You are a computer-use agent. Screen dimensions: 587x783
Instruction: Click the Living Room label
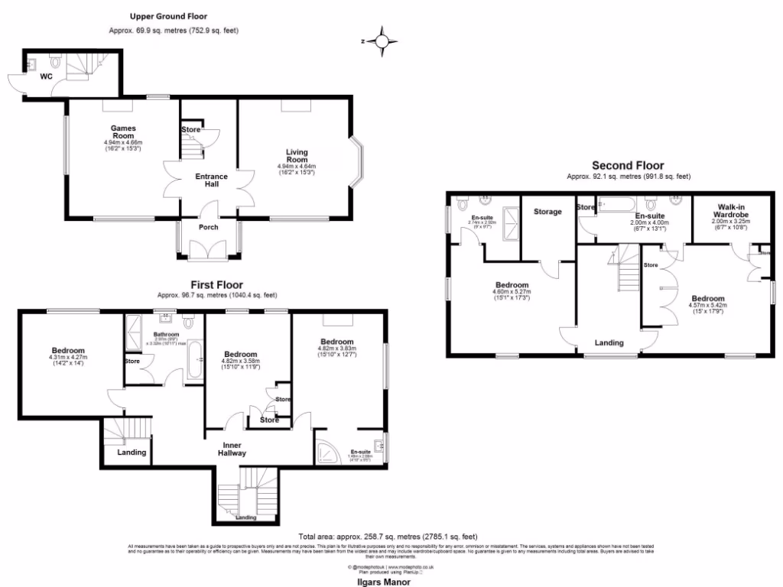point(297,155)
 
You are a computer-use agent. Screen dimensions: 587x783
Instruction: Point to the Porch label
point(208,227)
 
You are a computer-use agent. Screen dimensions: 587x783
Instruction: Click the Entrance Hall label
point(211,181)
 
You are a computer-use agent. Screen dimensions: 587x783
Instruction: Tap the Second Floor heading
point(629,165)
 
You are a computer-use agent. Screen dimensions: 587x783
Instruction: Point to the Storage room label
point(547,212)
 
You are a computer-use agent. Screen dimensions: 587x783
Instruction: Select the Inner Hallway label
point(234,449)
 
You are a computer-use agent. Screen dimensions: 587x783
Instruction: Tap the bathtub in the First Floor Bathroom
point(195,360)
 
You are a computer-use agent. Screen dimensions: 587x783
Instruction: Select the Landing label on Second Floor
point(610,343)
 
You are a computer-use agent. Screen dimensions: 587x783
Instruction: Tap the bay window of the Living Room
point(356,163)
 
